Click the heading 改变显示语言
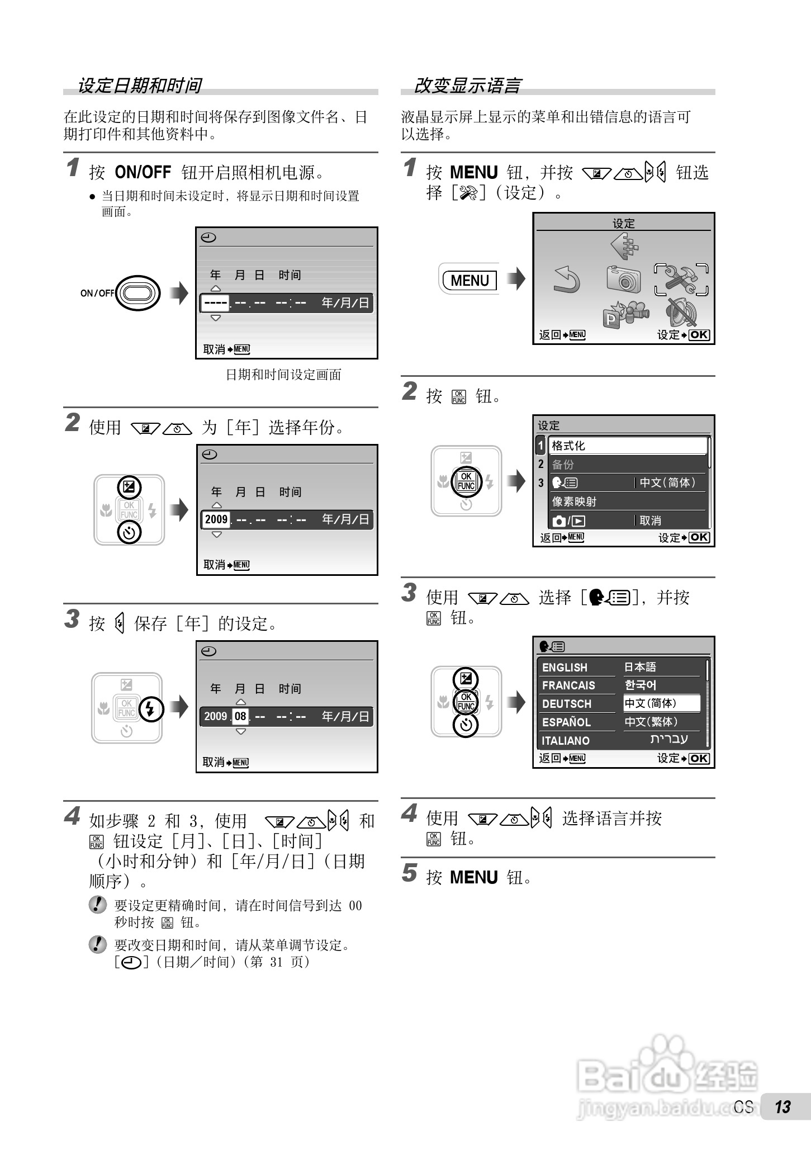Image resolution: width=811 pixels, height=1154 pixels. click(x=467, y=86)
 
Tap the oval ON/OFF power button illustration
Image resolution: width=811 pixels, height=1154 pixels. click(x=138, y=292)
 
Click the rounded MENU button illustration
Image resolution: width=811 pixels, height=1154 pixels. click(x=469, y=280)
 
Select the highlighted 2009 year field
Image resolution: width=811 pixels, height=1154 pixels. click(x=216, y=519)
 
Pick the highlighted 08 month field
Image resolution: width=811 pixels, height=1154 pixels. click(x=240, y=716)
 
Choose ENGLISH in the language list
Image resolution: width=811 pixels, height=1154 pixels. click(x=565, y=668)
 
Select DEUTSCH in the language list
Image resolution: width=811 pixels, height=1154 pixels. click(x=566, y=704)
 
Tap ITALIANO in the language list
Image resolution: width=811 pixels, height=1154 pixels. click(x=566, y=741)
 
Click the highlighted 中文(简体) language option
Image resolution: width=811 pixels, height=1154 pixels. click(x=661, y=703)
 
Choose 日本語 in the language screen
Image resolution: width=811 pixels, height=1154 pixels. click(x=640, y=667)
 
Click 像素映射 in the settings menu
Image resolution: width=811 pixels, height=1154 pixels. click(x=574, y=502)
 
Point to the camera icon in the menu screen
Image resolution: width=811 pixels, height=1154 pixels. click(x=623, y=278)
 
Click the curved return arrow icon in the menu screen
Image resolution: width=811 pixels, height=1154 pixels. click(x=566, y=280)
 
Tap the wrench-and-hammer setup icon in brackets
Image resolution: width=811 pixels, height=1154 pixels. click(x=681, y=279)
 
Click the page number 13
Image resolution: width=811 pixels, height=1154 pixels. click(x=782, y=1107)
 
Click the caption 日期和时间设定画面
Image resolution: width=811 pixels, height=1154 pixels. click(x=283, y=375)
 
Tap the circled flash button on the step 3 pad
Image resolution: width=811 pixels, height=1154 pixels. click(x=150, y=709)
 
